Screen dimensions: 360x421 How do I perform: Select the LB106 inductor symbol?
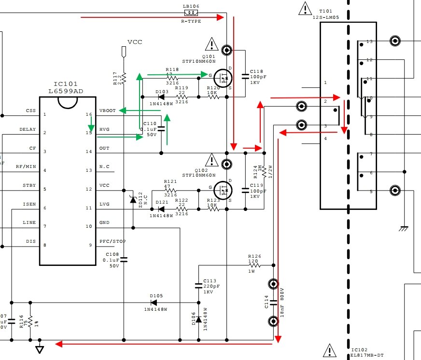click(x=191, y=14)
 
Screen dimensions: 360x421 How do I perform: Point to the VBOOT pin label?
click(x=107, y=111)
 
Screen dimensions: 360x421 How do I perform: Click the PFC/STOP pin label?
click(x=112, y=241)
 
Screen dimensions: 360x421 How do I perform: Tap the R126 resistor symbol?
click(x=254, y=265)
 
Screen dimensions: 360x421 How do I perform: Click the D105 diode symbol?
click(x=154, y=302)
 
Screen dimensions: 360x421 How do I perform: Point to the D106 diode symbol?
click(x=198, y=318)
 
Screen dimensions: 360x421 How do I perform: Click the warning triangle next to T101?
click(x=305, y=8)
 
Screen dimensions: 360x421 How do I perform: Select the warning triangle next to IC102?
click(x=329, y=349)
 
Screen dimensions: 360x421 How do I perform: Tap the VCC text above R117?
click(x=135, y=42)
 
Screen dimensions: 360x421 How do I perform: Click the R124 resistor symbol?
click(x=264, y=171)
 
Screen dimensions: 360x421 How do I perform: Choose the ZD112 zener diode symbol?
click(x=132, y=199)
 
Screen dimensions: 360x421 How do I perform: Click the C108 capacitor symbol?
click(x=124, y=259)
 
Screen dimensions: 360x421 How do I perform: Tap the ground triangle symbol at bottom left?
click(x=40, y=348)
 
